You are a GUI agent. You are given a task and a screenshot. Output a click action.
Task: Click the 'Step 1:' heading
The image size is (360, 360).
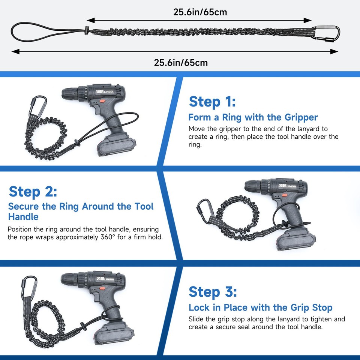tap(212, 102)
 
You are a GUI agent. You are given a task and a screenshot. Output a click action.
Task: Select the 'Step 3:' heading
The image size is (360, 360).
tap(213, 291)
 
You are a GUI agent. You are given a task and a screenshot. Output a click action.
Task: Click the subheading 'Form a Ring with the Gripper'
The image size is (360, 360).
tap(253, 117)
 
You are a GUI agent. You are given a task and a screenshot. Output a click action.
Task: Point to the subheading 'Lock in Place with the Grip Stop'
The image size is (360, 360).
tap(260, 308)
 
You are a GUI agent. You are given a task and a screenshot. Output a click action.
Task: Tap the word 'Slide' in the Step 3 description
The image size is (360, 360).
tap(196, 319)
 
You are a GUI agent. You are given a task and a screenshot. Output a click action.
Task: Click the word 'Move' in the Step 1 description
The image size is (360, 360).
tap(197, 129)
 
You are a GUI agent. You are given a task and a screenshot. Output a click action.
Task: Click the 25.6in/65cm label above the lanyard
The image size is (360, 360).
tap(200, 12)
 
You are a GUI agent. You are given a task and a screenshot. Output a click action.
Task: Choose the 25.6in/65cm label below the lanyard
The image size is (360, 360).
tap(181, 62)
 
